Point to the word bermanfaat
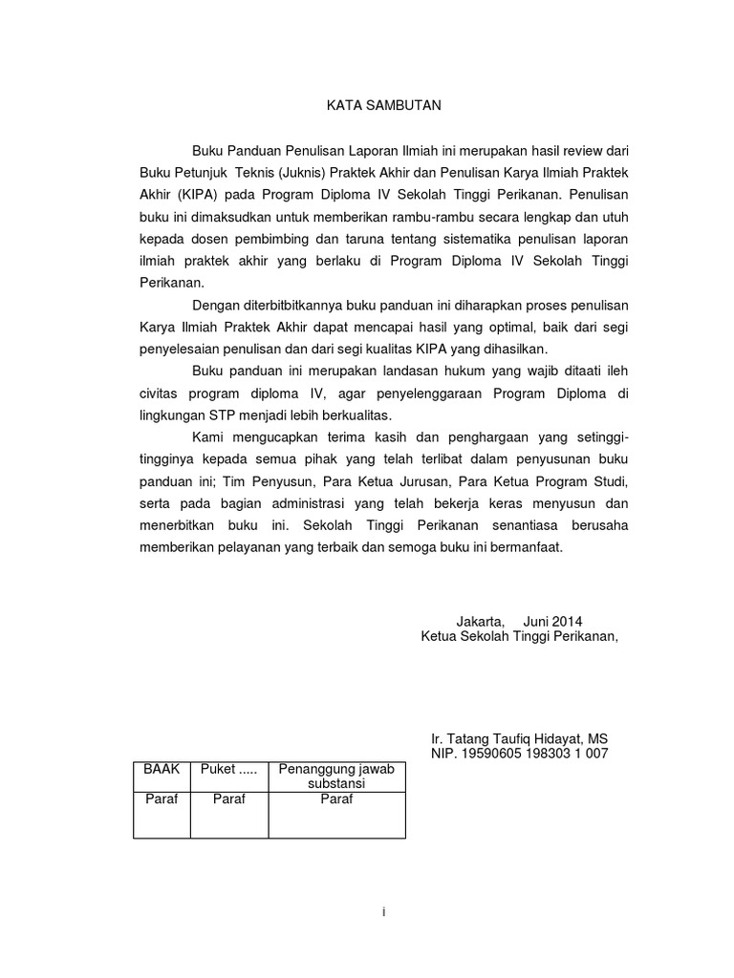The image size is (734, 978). pos(529,549)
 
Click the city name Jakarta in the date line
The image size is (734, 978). pos(480,619)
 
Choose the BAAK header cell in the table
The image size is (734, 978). pos(162,769)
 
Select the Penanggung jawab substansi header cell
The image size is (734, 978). pos(336,776)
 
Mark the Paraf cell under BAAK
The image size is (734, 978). pos(162,799)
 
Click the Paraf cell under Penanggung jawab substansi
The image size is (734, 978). pos(336,799)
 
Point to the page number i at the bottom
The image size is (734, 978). pos(381,912)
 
